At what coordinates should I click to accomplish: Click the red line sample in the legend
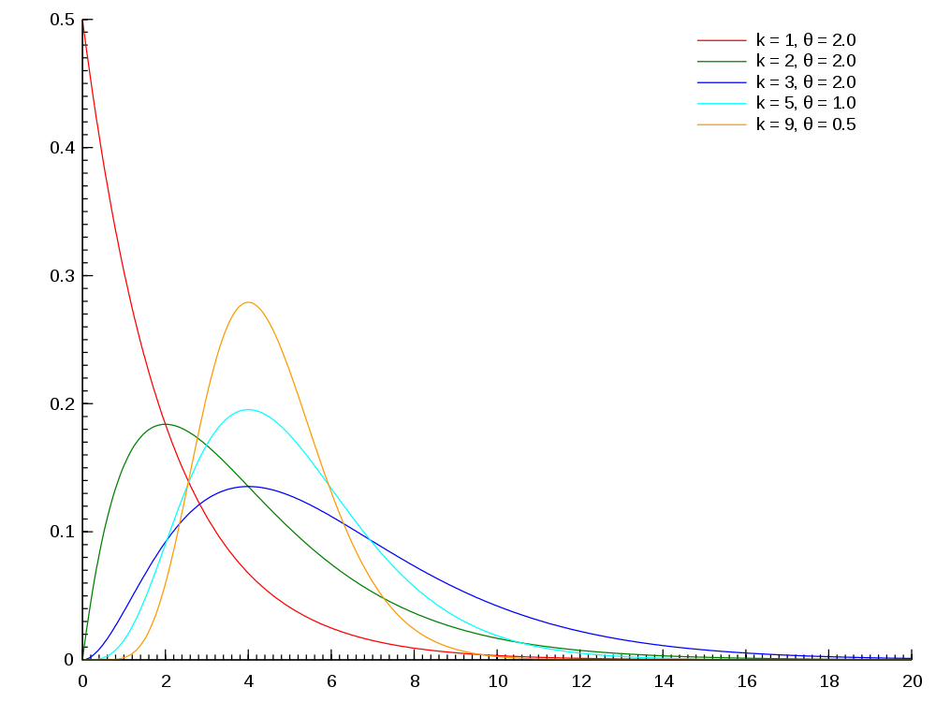pos(721,40)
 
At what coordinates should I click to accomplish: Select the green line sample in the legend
pos(721,62)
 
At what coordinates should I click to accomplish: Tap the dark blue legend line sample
pos(721,82)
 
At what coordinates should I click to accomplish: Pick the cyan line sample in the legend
pos(721,103)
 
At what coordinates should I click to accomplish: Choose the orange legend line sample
pos(721,124)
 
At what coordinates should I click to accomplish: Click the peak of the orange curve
pos(248,302)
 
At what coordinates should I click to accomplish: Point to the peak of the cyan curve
pos(248,410)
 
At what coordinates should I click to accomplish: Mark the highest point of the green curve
pos(167,424)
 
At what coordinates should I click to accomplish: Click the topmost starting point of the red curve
pos(83,21)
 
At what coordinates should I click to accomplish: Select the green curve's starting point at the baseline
pos(83,659)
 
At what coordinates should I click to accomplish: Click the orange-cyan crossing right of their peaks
pos(327,482)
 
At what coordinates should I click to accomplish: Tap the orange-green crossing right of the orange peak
pos(381,595)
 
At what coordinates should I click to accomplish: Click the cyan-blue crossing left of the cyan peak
pos(168,540)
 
